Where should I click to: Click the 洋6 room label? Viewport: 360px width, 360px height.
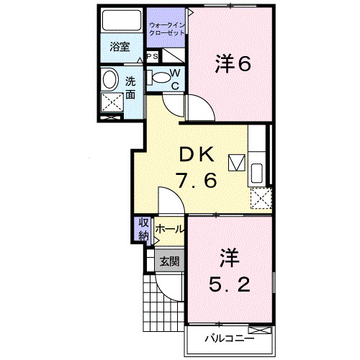231,65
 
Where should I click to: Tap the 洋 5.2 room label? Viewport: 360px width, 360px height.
230,272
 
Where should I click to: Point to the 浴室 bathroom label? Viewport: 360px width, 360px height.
119,47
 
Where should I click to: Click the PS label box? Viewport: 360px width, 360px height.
152,56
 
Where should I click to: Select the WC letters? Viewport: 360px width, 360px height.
175,78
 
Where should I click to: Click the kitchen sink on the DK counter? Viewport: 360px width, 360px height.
257,171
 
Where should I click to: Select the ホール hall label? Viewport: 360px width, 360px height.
168,229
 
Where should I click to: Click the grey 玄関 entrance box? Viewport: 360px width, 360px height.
169,261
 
